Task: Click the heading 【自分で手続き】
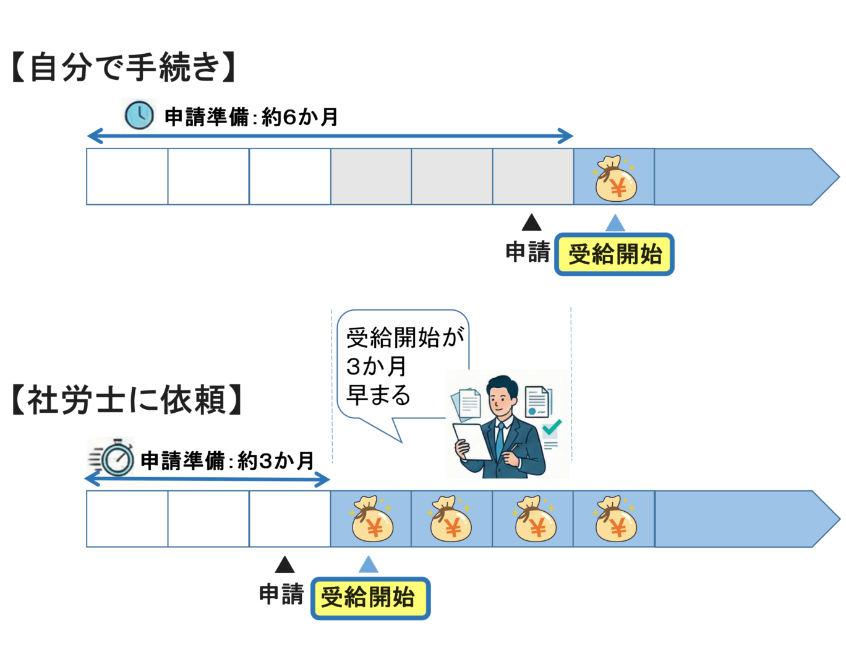point(124,67)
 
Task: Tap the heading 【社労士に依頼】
point(127,400)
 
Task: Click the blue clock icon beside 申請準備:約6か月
point(139,115)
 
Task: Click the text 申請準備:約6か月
point(251,116)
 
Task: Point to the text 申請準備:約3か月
point(227,460)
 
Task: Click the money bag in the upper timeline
point(615,179)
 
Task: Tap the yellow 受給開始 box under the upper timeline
point(614,254)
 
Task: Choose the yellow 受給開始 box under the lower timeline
point(370,598)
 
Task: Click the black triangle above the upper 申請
point(531,223)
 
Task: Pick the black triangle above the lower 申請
point(284,565)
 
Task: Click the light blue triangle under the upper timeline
point(615,223)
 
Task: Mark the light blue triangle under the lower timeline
point(369,565)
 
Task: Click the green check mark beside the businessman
point(551,427)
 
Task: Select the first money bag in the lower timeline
point(372,520)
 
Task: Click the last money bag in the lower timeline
point(615,520)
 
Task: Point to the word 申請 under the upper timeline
point(528,253)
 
